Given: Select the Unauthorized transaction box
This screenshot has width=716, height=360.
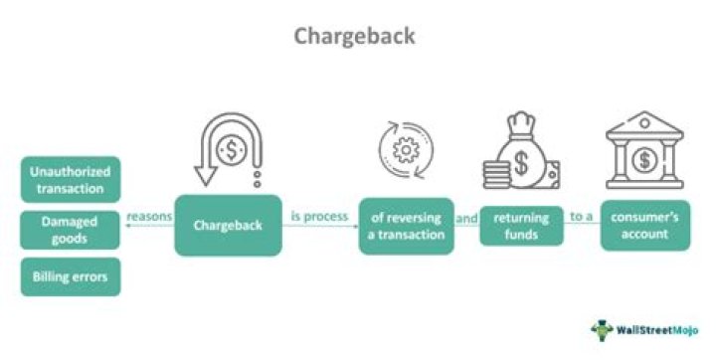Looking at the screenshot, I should (71, 179).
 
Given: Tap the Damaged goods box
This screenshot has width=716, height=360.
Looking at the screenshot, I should (71, 230).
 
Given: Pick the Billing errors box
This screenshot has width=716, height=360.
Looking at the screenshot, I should (71, 276).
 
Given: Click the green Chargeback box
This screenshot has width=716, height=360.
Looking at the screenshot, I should (227, 225).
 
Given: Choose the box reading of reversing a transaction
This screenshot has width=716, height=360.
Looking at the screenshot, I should (406, 226).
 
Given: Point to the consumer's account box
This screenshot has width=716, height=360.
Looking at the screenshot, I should (645, 226).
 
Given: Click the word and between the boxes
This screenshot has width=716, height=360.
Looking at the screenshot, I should (467, 218).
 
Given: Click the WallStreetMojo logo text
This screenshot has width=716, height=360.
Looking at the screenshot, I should (662, 328).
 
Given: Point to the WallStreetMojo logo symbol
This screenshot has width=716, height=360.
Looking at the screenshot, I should (603, 329).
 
